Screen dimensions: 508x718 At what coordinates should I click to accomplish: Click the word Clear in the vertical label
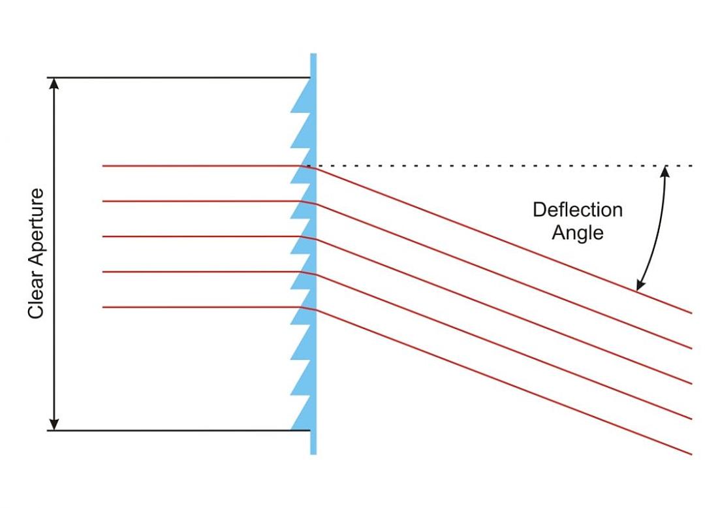pos(36,298)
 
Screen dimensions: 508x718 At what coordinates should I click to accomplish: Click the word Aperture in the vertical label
pos(36,234)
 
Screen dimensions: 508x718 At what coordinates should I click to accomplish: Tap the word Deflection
pos(577,210)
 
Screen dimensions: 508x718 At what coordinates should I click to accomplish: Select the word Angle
pos(577,232)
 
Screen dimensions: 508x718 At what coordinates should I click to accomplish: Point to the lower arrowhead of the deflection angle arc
pos(640,285)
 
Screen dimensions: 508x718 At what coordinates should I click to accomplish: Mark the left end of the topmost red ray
pos(104,167)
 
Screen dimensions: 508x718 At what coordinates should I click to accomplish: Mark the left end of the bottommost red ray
pos(104,307)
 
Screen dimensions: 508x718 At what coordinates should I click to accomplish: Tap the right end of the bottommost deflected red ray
pos(691,454)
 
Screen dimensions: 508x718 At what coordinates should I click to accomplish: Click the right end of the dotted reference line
pos(691,167)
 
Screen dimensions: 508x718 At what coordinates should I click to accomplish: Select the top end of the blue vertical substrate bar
pos(313,56)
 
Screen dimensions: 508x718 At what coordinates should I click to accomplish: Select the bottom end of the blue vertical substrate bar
pos(313,452)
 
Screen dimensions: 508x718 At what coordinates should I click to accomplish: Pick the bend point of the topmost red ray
pos(313,168)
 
